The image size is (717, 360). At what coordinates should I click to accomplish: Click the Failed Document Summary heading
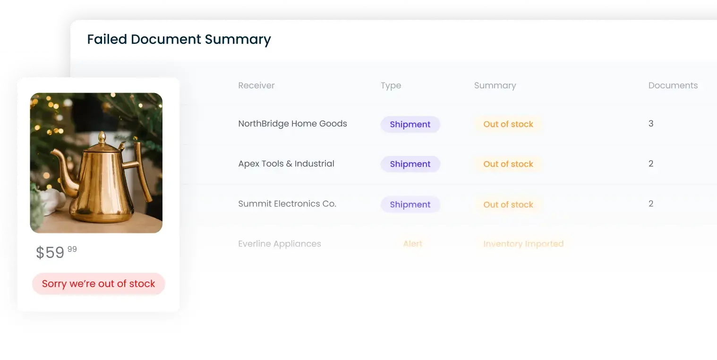[179, 39]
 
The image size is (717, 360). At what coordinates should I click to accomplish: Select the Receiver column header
[256, 85]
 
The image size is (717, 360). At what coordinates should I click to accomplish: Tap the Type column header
[391, 86]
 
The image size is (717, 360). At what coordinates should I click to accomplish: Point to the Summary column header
[495, 86]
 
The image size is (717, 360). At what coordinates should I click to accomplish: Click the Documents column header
[673, 85]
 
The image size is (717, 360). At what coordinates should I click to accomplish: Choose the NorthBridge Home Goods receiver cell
[292, 124]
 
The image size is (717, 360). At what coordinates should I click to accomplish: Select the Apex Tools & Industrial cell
[286, 163]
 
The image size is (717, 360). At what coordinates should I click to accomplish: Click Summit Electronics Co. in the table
[287, 204]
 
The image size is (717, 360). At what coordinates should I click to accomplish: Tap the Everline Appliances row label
[280, 244]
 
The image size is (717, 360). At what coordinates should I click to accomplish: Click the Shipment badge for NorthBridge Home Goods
[410, 124]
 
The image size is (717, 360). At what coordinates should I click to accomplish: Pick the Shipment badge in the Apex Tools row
[410, 164]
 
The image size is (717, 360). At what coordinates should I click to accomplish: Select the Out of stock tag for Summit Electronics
[508, 205]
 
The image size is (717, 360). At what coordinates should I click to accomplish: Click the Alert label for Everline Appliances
[413, 244]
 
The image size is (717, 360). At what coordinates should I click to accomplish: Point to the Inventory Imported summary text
[523, 244]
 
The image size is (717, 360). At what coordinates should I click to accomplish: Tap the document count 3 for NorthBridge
[651, 124]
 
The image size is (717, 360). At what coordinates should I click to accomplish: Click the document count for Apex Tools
[651, 163]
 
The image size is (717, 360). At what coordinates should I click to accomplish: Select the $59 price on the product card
[50, 252]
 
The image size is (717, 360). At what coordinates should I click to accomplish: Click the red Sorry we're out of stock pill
[98, 284]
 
